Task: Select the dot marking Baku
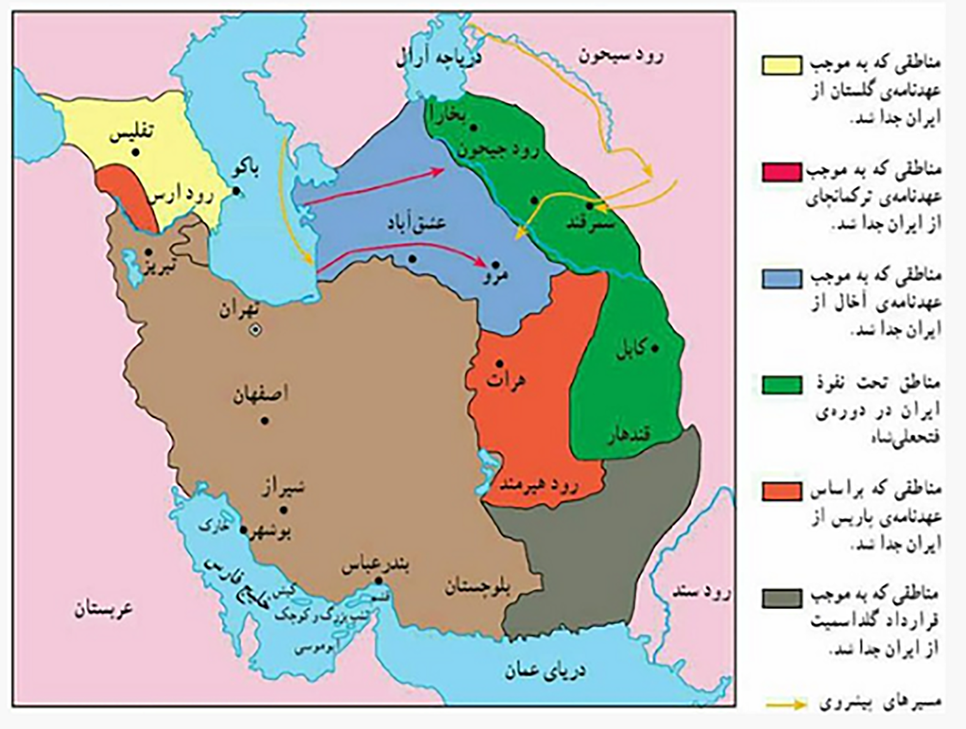pyautogui.click(x=236, y=191)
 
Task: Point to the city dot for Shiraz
pyautogui.click(x=283, y=510)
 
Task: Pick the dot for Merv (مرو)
pyautogui.click(x=495, y=265)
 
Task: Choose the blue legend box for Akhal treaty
pyautogui.click(x=782, y=279)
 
